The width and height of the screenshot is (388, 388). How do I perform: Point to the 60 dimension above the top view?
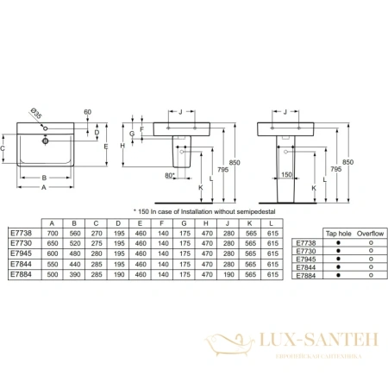pos(87,112)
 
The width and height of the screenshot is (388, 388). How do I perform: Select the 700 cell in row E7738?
pos(53,233)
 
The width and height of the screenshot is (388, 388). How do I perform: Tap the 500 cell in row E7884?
pos(53,273)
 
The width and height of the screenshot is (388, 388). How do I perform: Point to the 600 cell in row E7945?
pos(53,253)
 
